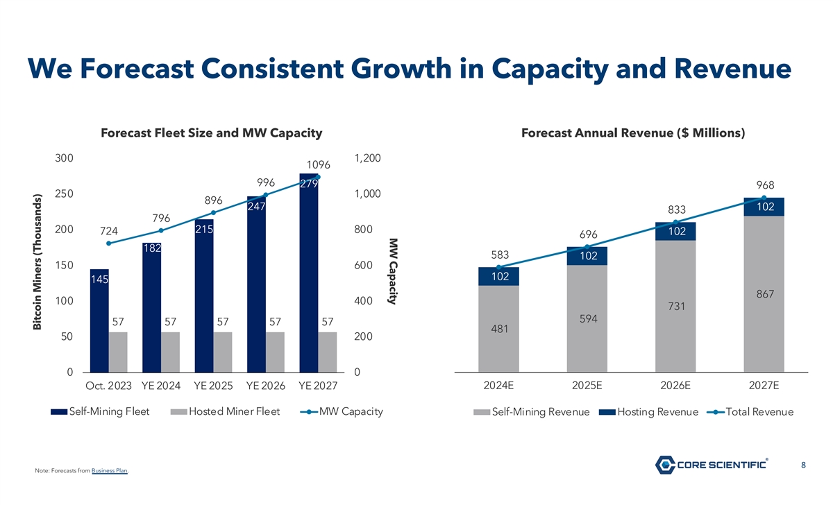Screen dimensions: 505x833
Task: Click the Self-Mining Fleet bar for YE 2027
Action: (309, 277)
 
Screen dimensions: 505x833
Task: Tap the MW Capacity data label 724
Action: (108, 230)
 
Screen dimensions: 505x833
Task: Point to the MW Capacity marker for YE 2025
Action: (213, 212)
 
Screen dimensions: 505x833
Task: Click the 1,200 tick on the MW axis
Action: (367, 158)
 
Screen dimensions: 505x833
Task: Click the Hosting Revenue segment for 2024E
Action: (498, 276)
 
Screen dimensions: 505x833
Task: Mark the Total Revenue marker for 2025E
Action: (587, 247)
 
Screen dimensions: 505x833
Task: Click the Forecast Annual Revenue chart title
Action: (632, 132)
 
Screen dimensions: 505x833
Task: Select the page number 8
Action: (802, 465)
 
